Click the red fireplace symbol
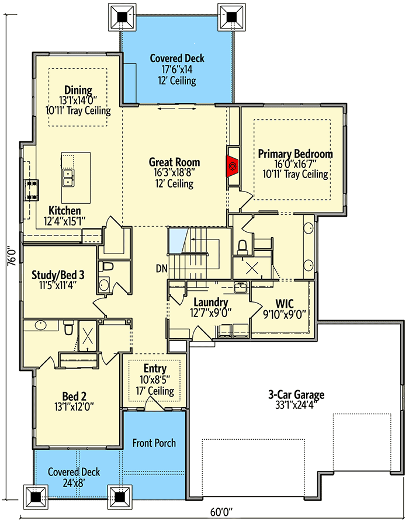point(233,166)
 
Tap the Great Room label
point(174,162)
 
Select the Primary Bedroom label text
point(295,154)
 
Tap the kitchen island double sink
point(69,177)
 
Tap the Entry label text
point(155,369)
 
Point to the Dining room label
point(78,90)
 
